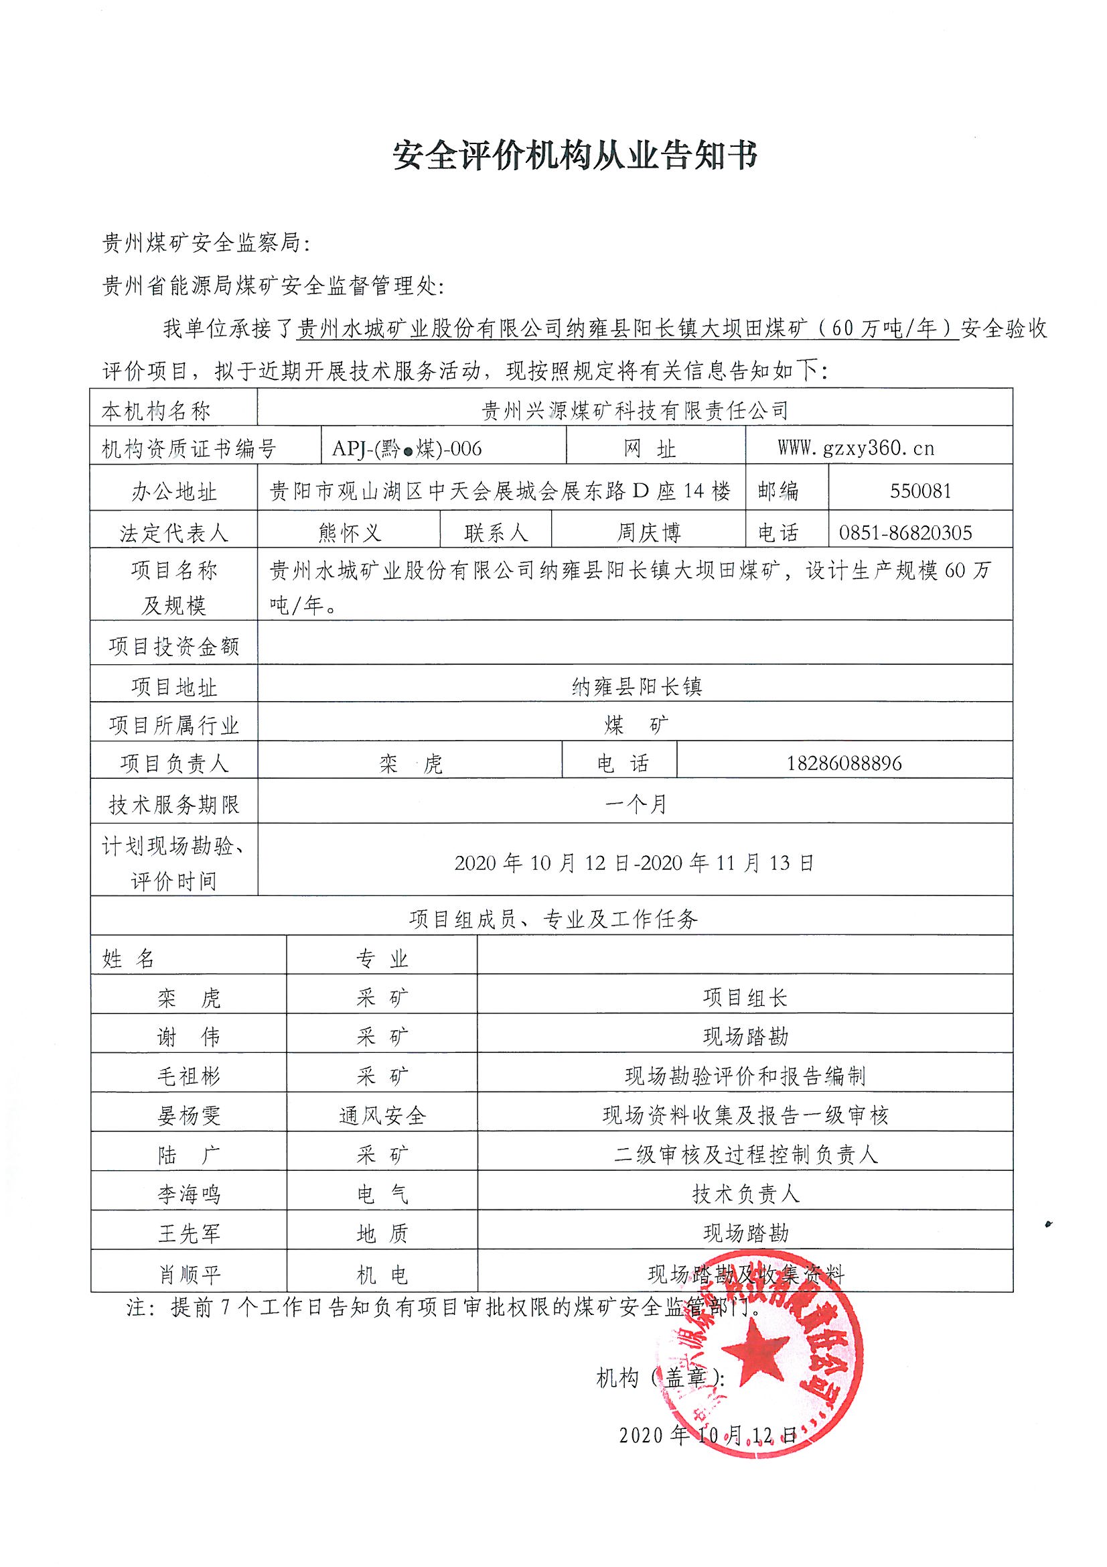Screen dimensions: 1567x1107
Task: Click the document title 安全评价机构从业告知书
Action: click(575, 157)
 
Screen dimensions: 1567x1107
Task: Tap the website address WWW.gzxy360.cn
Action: click(855, 448)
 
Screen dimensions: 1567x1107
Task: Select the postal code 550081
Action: click(920, 491)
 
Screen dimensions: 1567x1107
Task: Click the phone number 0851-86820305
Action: click(905, 532)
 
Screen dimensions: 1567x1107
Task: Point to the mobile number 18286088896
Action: click(844, 763)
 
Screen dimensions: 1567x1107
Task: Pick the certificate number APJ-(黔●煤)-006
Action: click(407, 448)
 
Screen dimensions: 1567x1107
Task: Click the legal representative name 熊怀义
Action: click(349, 532)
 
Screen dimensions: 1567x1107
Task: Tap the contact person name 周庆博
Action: click(648, 532)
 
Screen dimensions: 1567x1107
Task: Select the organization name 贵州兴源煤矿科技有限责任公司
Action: click(634, 410)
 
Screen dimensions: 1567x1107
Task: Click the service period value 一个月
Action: click(635, 805)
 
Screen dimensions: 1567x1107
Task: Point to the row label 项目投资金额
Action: click(174, 646)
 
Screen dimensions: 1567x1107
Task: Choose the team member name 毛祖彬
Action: click(188, 1076)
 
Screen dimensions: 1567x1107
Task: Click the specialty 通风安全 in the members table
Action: click(382, 1116)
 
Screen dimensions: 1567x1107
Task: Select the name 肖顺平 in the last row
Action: click(189, 1274)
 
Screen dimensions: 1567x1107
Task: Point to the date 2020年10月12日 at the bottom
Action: click(707, 1434)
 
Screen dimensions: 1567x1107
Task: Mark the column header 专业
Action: click(381, 959)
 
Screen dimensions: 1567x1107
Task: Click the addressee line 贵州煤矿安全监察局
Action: click(206, 242)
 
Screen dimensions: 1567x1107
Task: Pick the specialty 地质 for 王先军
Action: click(382, 1233)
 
